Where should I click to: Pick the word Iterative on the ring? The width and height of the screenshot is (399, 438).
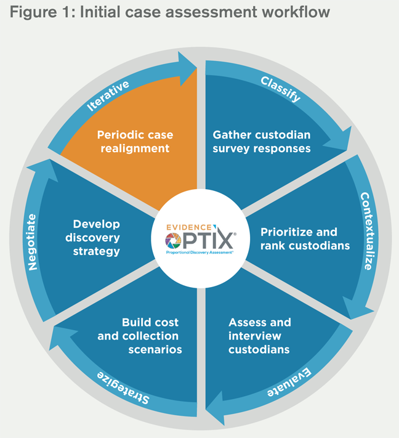(108, 95)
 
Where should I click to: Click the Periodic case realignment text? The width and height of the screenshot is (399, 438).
(135, 141)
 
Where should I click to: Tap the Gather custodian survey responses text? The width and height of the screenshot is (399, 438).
(262, 141)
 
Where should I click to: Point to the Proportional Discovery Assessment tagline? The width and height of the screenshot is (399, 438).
(198, 253)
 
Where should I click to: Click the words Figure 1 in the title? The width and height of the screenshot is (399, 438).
(42, 13)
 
